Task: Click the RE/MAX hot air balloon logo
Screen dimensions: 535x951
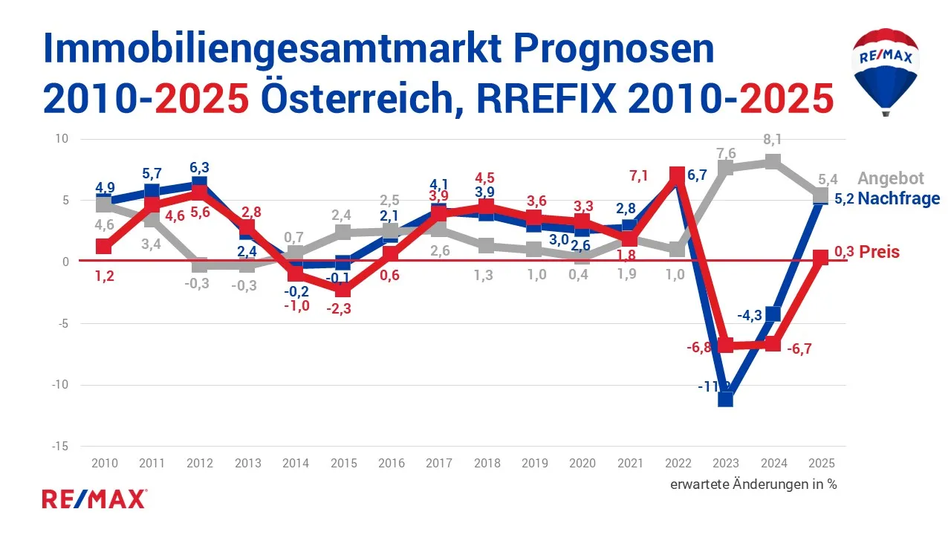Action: pos(885,71)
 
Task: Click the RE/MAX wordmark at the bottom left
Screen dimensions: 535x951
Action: pos(94,499)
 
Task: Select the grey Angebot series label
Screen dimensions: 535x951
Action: pos(891,178)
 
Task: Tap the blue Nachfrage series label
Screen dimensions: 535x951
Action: pos(899,198)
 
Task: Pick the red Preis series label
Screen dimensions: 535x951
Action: pos(879,252)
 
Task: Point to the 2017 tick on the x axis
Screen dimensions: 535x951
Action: pos(439,463)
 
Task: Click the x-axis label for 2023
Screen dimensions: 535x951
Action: pos(725,463)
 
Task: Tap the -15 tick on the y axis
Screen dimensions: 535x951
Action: pos(60,447)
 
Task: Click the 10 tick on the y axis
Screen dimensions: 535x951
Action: pos(62,139)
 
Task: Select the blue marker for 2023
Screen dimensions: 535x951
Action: pos(725,399)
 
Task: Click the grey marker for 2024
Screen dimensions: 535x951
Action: pos(773,162)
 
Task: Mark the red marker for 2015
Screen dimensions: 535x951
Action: pos(343,290)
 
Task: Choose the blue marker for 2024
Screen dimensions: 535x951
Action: pos(773,314)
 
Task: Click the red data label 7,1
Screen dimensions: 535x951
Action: pos(639,176)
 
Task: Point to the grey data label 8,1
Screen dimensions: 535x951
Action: pos(773,139)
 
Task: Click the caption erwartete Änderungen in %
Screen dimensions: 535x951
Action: pos(753,484)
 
